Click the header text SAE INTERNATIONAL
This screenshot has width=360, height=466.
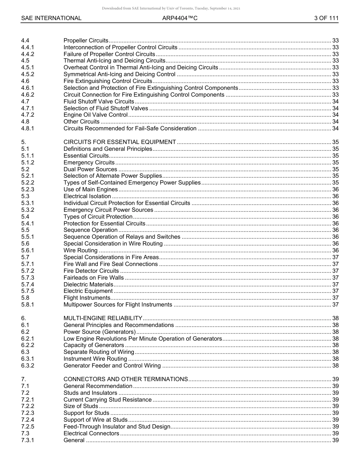point(51,18)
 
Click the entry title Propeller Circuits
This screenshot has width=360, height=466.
point(86,41)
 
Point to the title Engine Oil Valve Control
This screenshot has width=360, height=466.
point(95,115)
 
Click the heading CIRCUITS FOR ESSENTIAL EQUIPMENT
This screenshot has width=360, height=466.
point(120,142)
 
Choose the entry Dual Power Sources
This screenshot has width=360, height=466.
point(90,169)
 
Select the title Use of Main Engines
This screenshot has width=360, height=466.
point(91,189)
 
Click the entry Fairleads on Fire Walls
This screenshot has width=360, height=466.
point(94,278)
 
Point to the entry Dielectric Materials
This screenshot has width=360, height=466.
point(88,285)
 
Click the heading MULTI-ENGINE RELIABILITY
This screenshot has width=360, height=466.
point(103,318)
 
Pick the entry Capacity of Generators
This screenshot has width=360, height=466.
point(94,345)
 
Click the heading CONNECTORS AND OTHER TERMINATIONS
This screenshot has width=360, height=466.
point(126,379)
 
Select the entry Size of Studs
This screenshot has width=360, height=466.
point(81,406)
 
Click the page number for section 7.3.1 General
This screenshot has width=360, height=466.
point(335,440)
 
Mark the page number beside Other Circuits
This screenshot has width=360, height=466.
point(335,122)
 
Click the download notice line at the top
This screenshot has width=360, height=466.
point(171,8)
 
